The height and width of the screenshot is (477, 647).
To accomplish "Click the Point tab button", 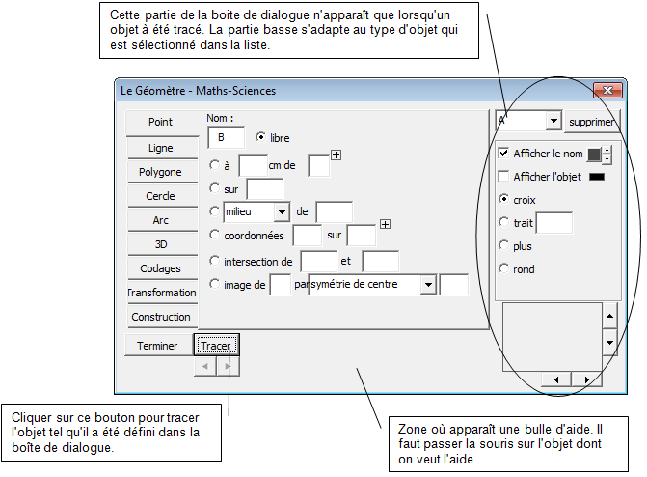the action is tap(161, 123).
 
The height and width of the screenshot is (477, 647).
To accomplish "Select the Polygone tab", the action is tap(161, 172).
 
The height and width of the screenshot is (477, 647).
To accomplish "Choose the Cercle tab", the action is tap(161, 195).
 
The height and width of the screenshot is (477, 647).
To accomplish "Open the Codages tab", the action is tap(161, 268).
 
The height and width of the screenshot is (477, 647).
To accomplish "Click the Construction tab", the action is tap(161, 317).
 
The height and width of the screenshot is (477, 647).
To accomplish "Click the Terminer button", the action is tap(158, 345).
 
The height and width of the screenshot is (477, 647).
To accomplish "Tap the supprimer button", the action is tap(592, 122).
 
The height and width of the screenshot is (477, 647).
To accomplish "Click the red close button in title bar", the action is tap(607, 90).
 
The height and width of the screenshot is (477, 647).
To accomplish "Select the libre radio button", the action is tap(260, 136).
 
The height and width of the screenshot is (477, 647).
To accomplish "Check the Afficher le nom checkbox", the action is tap(503, 153).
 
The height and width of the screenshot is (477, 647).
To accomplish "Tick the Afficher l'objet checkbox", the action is tap(503, 176).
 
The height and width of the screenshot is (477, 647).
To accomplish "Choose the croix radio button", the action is tap(504, 199).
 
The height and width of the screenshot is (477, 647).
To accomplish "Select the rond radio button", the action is tap(504, 268).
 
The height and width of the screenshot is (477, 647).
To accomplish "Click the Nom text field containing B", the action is tap(227, 138).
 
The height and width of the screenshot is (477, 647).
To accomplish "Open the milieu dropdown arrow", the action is tap(282, 212).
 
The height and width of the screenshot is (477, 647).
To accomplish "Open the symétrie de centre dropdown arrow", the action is tap(428, 285).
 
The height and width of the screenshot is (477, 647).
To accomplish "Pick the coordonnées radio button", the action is tap(214, 235).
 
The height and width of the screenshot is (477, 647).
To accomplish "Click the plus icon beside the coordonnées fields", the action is tap(385, 224).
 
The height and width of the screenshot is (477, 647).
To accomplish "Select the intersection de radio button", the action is tap(214, 261).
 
